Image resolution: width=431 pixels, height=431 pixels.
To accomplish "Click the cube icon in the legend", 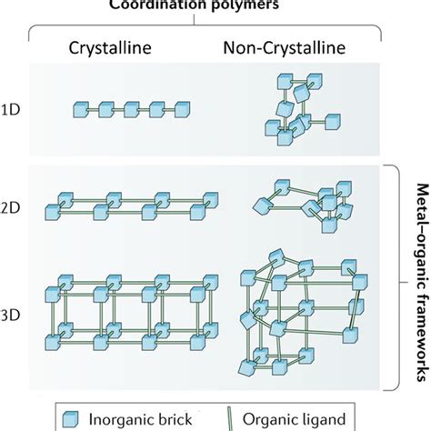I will [70, 419].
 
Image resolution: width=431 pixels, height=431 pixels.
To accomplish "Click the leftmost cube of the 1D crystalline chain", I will [81, 110].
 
